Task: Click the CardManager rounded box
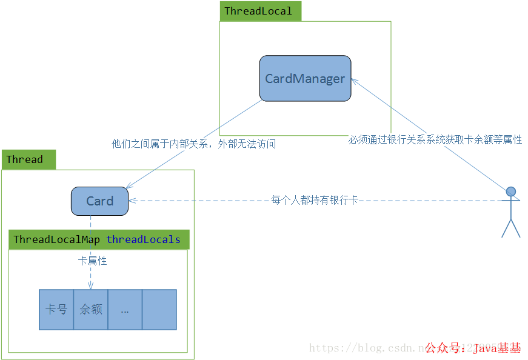click(305, 79)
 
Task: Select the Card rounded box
click(99, 201)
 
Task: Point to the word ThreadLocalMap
click(56, 239)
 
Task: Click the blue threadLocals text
click(143, 239)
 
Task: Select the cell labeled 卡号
click(56, 309)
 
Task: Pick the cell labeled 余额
click(91, 309)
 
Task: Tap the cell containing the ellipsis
click(125, 309)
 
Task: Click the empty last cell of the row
click(159, 309)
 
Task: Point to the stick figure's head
click(511, 192)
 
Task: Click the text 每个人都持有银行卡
click(315, 200)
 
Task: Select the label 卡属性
click(92, 261)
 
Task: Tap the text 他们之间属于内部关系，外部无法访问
click(193, 144)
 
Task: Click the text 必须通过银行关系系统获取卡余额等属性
click(435, 139)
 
